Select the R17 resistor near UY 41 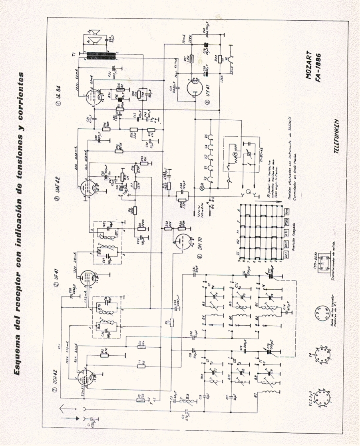[x=191, y=59]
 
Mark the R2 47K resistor [x=103, y=353]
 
